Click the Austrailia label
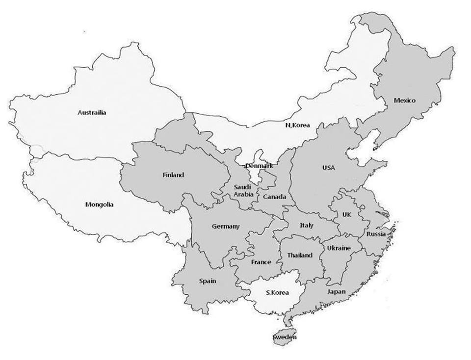[x=92, y=112]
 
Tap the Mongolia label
[x=99, y=205]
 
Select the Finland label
[x=173, y=175]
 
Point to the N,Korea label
[x=298, y=125]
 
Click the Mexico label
[x=405, y=101]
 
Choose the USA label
[x=328, y=168]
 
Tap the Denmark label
[x=259, y=166]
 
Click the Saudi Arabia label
[x=243, y=190]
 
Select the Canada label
[x=275, y=197]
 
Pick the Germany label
[x=226, y=226]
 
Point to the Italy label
[x=307, y=225]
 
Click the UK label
[x=347, y=214]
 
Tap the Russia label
[x=376, y=234]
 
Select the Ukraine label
[x=339, y=248]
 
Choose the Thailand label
[x=300, y=256]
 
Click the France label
[x=261, y=262]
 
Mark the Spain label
[x=208, y=282]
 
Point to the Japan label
[x=337, y=292]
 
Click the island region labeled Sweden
[x=285, y=338]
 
